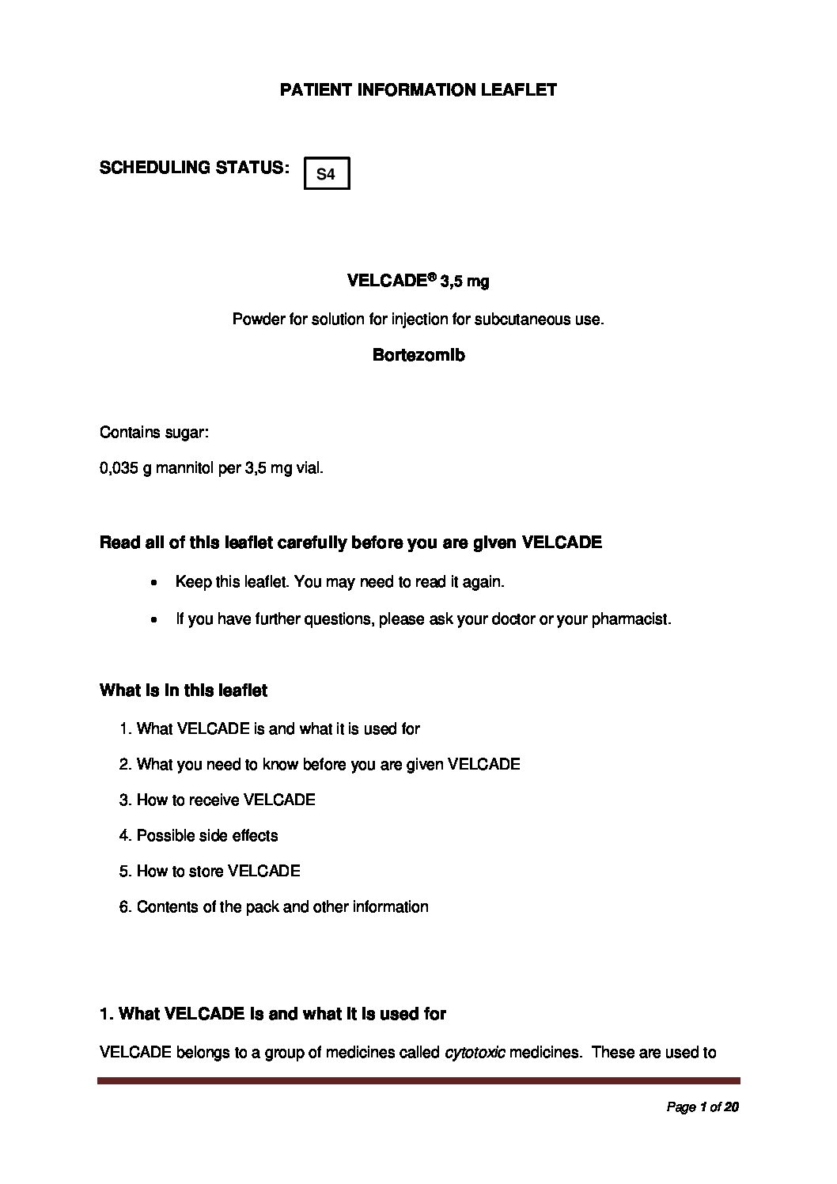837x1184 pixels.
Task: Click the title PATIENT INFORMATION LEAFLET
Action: pos(418,90)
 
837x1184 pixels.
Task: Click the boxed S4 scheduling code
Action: pos(326,175)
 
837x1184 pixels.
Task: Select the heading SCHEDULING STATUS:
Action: pos(193,168)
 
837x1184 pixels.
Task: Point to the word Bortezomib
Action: pos(418,355)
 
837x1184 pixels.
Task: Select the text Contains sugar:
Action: pos(154,433)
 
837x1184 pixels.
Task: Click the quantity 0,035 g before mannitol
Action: pos(125,468)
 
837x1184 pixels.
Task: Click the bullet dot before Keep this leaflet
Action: pos(154,583)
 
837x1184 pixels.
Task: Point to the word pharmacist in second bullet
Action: pos(629,618)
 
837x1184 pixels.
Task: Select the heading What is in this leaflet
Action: pos(184,690)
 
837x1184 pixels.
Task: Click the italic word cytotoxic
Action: pos(475,1053)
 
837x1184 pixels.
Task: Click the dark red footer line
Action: pos(418,1080)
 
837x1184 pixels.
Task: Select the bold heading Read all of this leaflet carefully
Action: pos(350,543)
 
